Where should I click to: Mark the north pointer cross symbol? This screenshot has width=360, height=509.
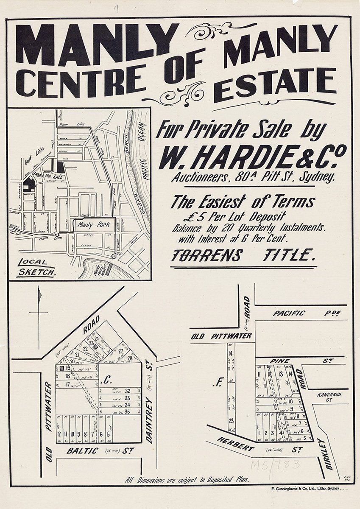[x=39, y=313]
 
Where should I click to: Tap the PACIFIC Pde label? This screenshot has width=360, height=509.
[x=289, y=313]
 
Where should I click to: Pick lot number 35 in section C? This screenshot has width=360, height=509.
[x=127, y=411]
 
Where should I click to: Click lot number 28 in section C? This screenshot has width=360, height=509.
[x=130, y=358]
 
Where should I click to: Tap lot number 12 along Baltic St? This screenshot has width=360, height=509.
[x=59, y=434]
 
